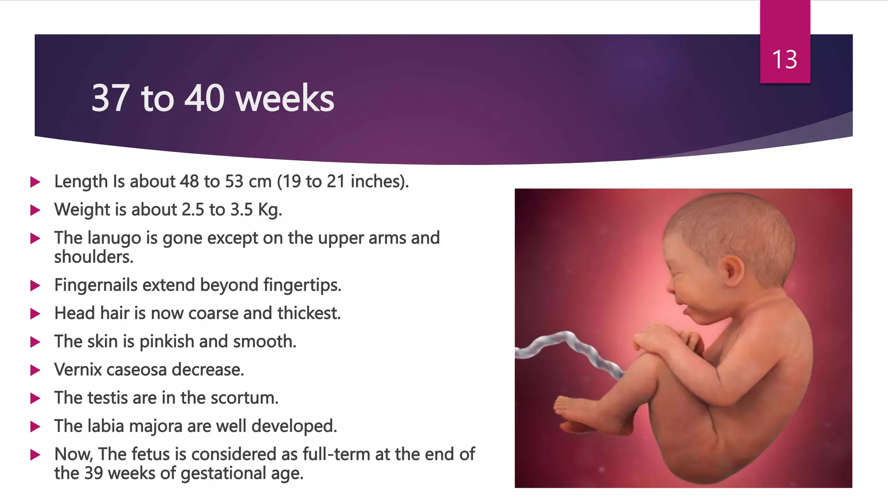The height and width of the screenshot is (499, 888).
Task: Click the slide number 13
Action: tap(784, 59)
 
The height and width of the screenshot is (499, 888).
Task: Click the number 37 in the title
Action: tap(110, 98)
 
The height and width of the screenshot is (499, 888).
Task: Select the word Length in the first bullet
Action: tap(81, 181)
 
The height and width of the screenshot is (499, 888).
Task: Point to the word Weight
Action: tap(82, 210)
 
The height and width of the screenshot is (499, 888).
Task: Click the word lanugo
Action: tap(114, 238)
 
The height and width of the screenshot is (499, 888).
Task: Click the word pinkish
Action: tap(167, 342)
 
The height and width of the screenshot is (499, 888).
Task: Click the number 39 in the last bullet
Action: tap(94, 473)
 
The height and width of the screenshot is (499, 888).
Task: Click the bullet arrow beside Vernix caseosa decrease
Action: tap(35, 370)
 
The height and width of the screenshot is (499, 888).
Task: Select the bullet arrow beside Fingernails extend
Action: tap(35, 285)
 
